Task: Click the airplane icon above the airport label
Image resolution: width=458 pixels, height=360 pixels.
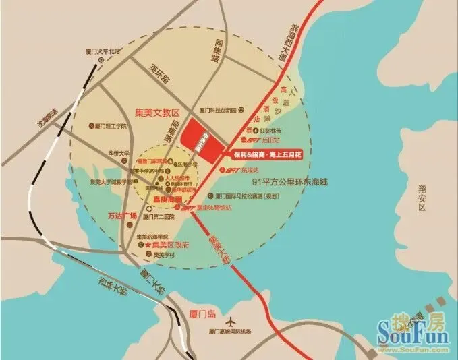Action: pos(233,320)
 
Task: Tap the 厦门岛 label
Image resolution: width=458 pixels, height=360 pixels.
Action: pos(200,313)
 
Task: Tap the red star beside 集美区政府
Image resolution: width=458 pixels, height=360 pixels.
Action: pos(147,245)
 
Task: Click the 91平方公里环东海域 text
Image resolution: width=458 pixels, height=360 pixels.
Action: pos(289,182)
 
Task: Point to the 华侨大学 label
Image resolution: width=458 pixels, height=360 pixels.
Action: pos(115,153)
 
